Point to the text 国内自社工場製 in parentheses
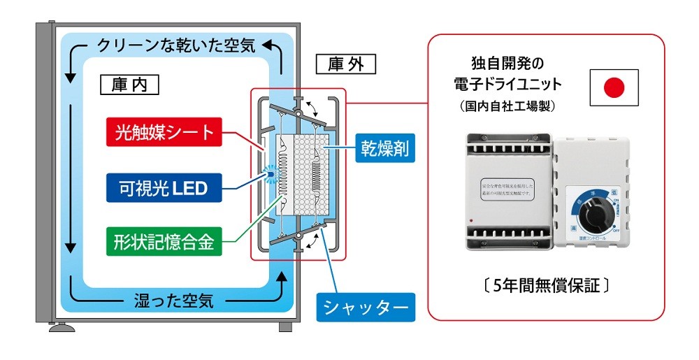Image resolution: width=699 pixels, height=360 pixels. click(507, 107)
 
